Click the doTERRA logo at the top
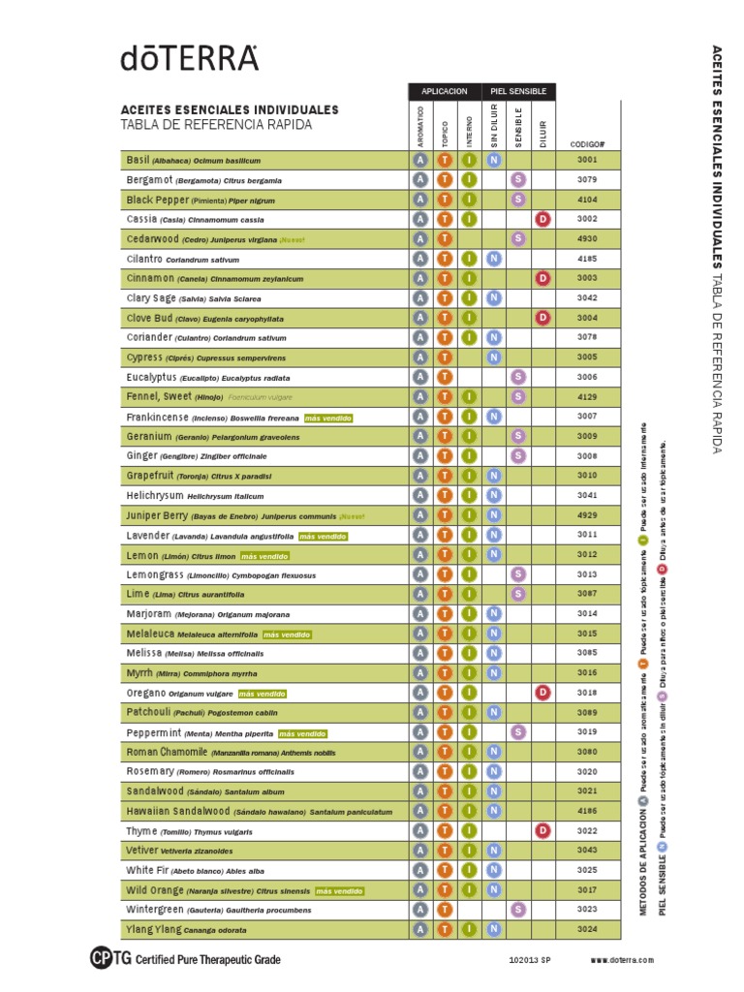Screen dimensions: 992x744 (x=190, y=59)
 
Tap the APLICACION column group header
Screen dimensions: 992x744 (x=445, y=91)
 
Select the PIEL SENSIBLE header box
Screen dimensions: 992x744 (x=518, y=91)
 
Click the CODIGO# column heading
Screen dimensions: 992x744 (x=587, y=142)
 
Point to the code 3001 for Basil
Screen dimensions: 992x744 (x=587, y=160)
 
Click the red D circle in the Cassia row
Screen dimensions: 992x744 (x=543, y=219)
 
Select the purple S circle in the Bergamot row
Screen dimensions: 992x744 (x=518, y=179)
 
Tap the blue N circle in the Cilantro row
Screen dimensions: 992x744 (x=493, y=259)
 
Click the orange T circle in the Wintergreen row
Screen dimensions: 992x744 (x=445, y=910)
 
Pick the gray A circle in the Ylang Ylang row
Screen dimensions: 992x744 (x=420, y=929)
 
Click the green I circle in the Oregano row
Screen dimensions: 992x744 (x=469, y=693)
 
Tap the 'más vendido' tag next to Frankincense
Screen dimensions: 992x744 (x=327, y=418)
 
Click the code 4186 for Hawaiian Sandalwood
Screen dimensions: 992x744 (x=587, y=811)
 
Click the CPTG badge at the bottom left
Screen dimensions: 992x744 (x=103, y=959)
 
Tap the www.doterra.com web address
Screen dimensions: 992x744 (x=622, y=960)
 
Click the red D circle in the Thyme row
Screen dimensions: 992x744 (x=543, y=830)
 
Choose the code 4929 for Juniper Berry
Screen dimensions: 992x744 (x=587, y=515)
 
